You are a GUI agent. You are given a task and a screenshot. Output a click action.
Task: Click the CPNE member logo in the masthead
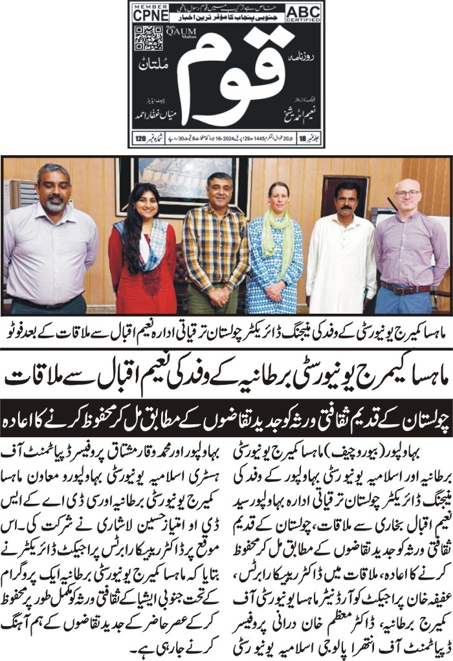click(149, 12)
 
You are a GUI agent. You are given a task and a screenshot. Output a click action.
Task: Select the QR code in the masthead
click(148, 38)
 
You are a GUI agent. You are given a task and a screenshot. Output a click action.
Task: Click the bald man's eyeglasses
click(407, 193)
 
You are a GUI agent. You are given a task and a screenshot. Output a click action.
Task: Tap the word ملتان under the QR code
click(153, 65)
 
